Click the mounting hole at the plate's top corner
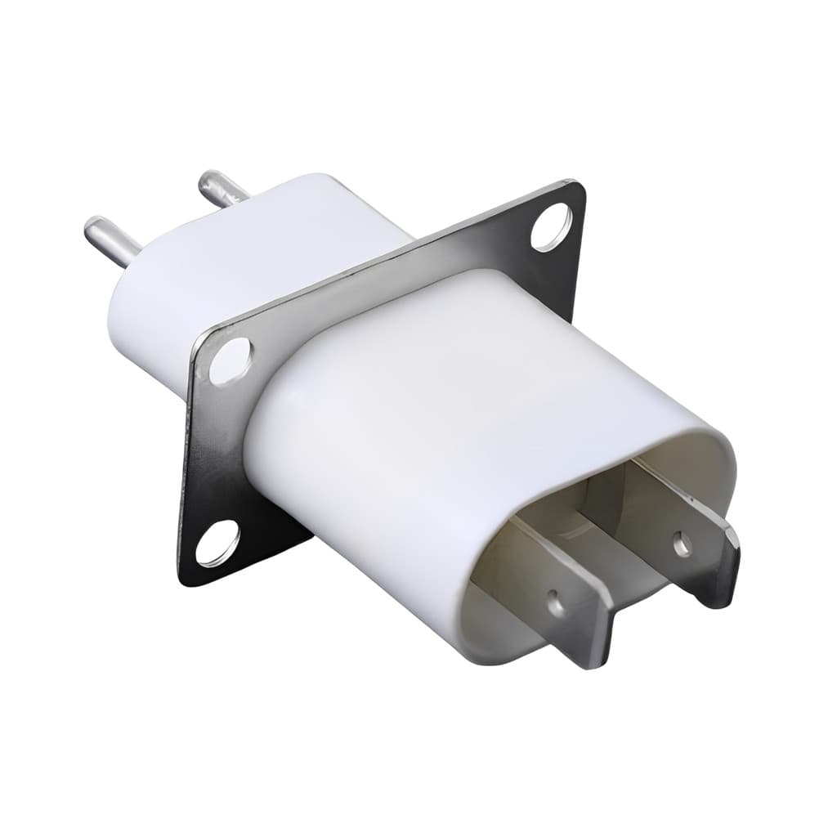(552, 226)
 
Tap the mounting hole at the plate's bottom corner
(217, 543)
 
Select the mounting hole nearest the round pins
(230, 360)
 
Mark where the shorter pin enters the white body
(245, 195)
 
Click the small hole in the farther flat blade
(681, 543)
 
